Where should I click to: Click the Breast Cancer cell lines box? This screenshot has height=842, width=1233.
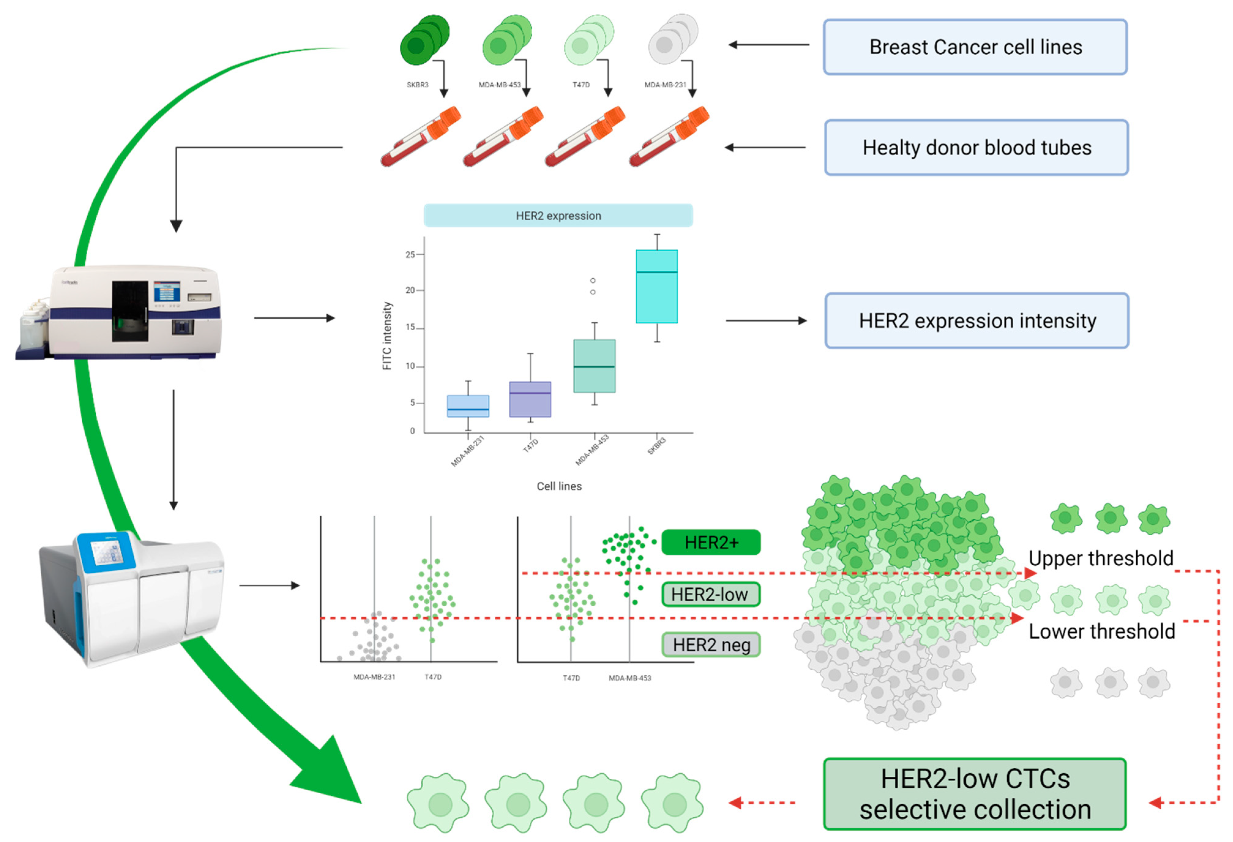point(975,47)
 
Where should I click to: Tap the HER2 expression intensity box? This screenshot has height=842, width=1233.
point(976,321)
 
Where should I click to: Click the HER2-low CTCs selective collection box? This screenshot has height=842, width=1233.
point(975,794)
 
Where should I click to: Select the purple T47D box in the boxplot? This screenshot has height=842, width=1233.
point(530,399)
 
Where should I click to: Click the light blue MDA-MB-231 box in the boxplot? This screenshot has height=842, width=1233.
point(468,406)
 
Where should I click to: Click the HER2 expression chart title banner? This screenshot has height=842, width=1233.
point(558,215)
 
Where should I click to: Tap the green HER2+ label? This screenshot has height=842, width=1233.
point(711,542)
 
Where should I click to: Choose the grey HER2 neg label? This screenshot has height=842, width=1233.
point(711,645)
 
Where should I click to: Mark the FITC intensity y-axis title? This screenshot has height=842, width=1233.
point(387,335)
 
